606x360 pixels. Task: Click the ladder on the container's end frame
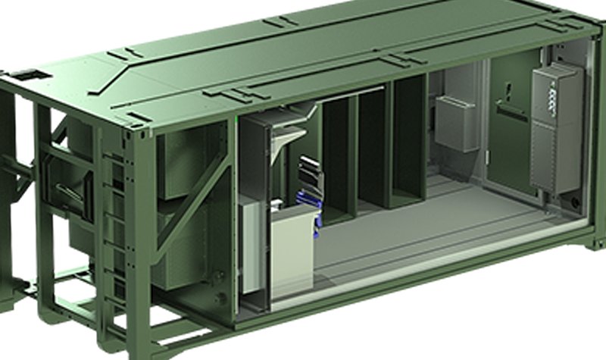click(114, 227)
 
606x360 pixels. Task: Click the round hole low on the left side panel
click(220, 300)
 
